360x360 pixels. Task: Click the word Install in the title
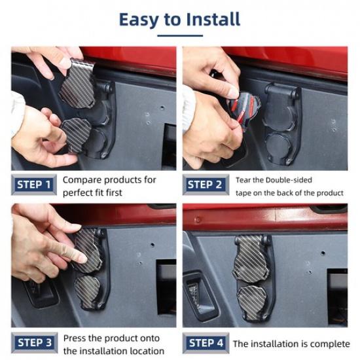pos(213,20)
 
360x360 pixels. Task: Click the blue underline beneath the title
pos(180,35)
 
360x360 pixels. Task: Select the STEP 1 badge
pos(34,185)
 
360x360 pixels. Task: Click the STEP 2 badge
pos(206,185)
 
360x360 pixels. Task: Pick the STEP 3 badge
pos(35,342)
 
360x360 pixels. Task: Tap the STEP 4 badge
pos(206,343)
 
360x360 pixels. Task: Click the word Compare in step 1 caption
pos(82,180)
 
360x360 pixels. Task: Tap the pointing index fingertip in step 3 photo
pos(82,259)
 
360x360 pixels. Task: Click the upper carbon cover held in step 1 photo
pos(78,84)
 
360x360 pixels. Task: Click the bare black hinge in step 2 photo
pos(281,124)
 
